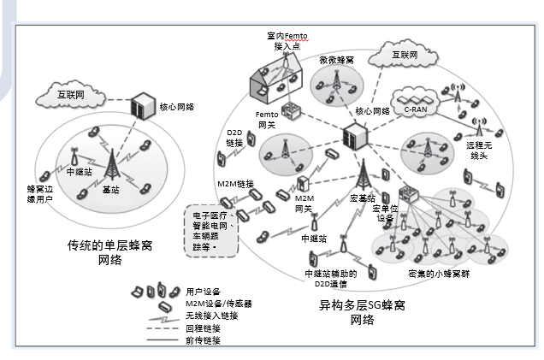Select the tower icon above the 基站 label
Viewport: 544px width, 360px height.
point(110,162)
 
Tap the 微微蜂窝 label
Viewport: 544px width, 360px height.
point(336,60)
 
